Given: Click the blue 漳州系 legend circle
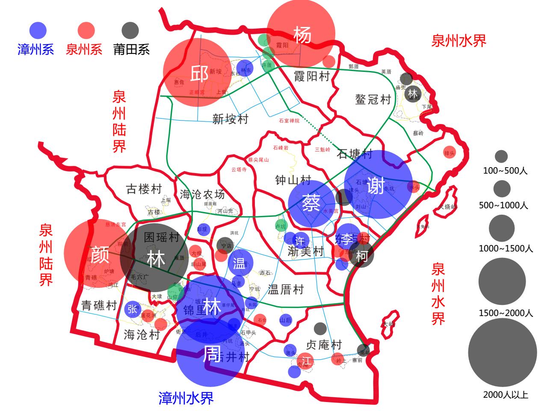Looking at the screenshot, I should (x=38, y=30).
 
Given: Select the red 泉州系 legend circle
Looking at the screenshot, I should (x=86, y=30).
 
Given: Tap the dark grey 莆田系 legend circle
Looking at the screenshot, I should (x=130, y=30).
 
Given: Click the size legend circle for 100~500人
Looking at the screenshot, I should (x=501, y=156).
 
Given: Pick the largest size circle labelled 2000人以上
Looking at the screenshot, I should (x=502, y=352).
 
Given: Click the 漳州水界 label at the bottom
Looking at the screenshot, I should (x=186, y=398).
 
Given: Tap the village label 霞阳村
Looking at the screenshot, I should (x=312, y=76).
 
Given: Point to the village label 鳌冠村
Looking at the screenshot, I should (x=373, y=100).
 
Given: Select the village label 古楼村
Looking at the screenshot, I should (x=144, y=189).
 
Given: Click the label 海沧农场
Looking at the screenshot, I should (x=202, y=195).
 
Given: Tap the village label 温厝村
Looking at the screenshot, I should (x=285, y=290).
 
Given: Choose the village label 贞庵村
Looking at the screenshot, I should (x=324, y=344).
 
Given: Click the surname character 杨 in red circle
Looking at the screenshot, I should (x=302, y=35).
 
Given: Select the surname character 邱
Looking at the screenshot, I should (x=199, y=73).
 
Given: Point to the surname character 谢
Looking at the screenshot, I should (x=376, y=185).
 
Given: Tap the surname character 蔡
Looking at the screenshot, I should (x=311, y=203).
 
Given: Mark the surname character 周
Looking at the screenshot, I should (x=211, y=354).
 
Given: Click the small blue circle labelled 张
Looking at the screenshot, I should (x=132, y=309).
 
